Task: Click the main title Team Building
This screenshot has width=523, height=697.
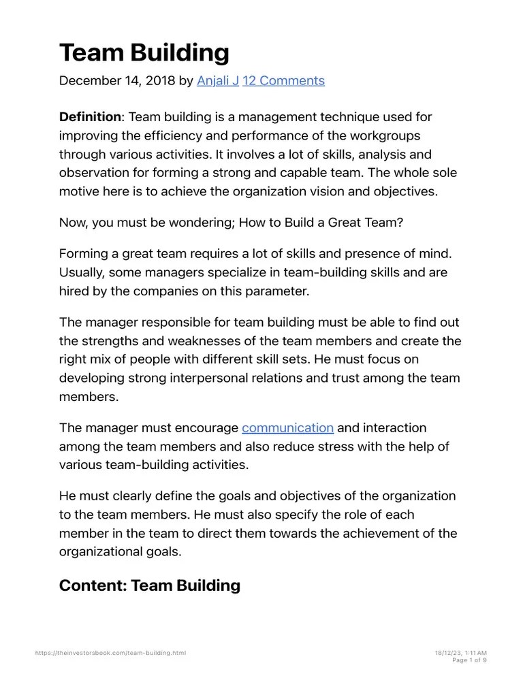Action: tap(144, 53)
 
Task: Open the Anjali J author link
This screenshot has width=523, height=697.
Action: tap(217, 81)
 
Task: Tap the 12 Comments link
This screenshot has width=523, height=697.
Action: tap(283, 81)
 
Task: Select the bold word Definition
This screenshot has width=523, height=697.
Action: tap(89, 118)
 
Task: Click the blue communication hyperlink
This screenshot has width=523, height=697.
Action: tap(287, 428)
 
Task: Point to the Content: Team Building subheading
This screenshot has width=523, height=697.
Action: tap(149, 585)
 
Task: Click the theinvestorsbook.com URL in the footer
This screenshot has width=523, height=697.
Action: tap(110, 653)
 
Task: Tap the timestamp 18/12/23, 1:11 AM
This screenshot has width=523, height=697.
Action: tap(460, 653)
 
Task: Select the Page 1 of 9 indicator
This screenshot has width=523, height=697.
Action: tap(469, 660)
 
